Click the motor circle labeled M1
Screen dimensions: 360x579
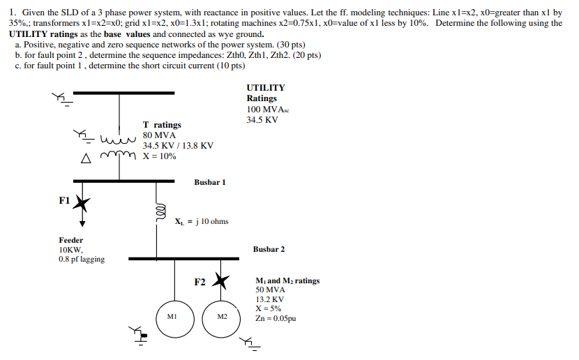[172, 317]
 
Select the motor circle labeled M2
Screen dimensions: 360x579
[221, 317]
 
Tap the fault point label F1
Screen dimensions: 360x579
[64, 200]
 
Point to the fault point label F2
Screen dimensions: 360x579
[200, 282]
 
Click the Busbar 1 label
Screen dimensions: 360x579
[210, 182]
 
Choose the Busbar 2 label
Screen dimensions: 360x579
[269, 249]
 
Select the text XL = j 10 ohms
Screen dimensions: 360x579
[202, 222]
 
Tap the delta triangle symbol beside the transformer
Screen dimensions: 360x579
[86, 158]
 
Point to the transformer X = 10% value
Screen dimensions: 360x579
[159, 156]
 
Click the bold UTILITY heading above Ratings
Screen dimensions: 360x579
[266, 88]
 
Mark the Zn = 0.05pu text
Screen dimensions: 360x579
[276, 318]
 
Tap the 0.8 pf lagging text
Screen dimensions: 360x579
[82, 260]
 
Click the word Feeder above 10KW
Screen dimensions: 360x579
[70, 240]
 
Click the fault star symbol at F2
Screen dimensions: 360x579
[221, 281]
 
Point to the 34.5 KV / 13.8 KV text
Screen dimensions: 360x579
[178, 146]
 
